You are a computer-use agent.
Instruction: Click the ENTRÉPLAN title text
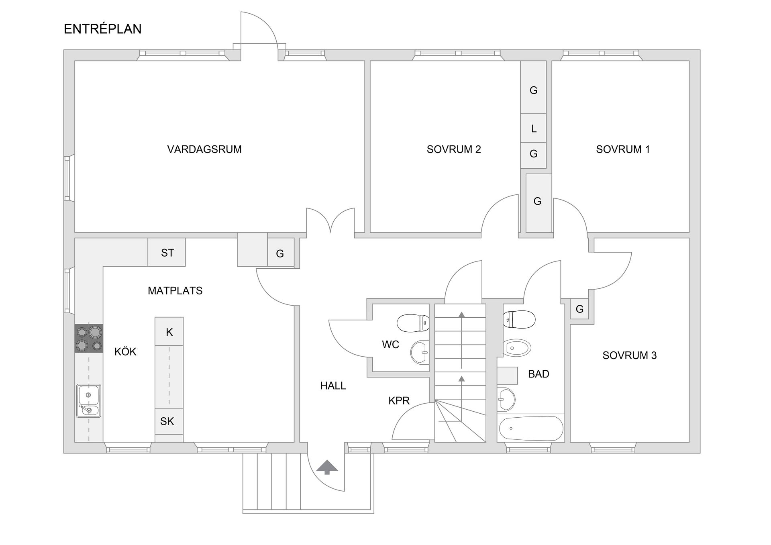pyautogui.click(x=103, y=29)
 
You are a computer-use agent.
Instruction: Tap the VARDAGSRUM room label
pyautogui.click(x=204, y=149)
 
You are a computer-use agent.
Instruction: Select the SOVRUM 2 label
pyautogui.click(x=454, y=149)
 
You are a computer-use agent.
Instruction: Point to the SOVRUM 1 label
pyautogui.click(x=623, y=149)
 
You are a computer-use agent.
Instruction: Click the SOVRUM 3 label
pyautogui.click(x=630, y=355)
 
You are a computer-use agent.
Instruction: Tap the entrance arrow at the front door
pyautogui.click(x=327, y=467)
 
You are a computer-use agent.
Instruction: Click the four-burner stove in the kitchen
pyautogui.click(x=89, y=339)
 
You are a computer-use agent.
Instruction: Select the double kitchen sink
pyautogui.click(x=89, y=401)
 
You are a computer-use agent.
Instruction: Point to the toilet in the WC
pyautogui.click(x=413, y=323)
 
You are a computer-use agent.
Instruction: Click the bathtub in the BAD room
pyautogui.click(x=531, y=429)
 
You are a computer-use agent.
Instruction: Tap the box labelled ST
pyautogui.click(x=167, y=252)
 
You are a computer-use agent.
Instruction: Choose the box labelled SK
pyautogui.click(x=169, y=421)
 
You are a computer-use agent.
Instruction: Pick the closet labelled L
pyautogui.click(x=533, y=128)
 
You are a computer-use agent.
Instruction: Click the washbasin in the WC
pyautogui.click(x=420, y=352)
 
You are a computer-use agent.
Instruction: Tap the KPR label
pyautogui.click(x=399, y=400)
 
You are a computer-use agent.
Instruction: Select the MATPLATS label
pyautogui.click(x=175, y=291)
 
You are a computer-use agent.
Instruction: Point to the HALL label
pyautogui.click(x=333, y=386)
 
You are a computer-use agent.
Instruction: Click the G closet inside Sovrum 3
pyautogui.click(x=579, y=309)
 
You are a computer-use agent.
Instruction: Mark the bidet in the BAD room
pyautogui.click(x=517, y=348)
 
